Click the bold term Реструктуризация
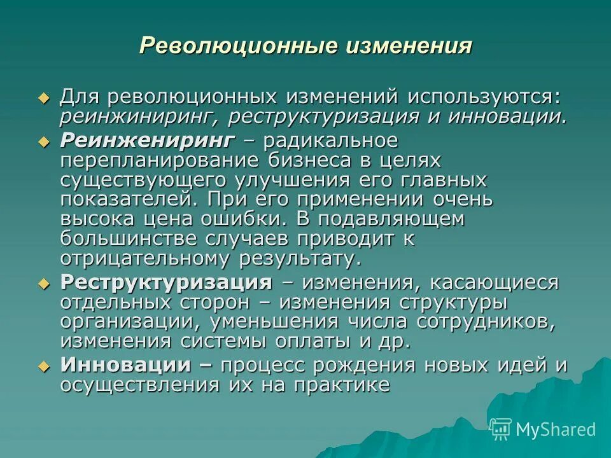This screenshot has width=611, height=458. pos(166,282)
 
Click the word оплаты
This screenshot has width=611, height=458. pos(314,341)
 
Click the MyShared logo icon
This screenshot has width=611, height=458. pos(501,429)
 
